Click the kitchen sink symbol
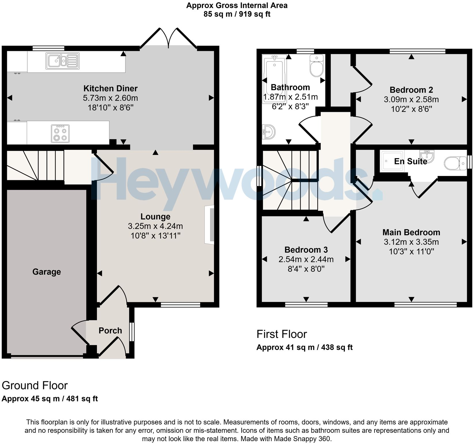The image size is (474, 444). coord(62,61)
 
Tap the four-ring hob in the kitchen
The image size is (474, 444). coord(60,133)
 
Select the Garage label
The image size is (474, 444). coord(47,272)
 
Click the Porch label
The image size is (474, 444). coord(110,330)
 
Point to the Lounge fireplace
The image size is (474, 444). coord(209,225)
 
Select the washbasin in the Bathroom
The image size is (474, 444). coord(269,132)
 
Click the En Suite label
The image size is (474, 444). coord(410,161)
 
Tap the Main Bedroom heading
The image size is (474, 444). coord(411,232)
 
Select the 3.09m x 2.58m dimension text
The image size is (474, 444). coord(411,99)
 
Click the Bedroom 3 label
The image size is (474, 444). coord(306,250)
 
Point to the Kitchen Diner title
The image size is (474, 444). coord(110,88)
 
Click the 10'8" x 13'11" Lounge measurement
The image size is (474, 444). coord(156,236)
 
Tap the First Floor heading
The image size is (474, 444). coord(282,334)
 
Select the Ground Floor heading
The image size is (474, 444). coord(35,385)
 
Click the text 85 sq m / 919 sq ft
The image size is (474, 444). coord(237,14)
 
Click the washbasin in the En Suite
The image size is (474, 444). coord(427,156)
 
